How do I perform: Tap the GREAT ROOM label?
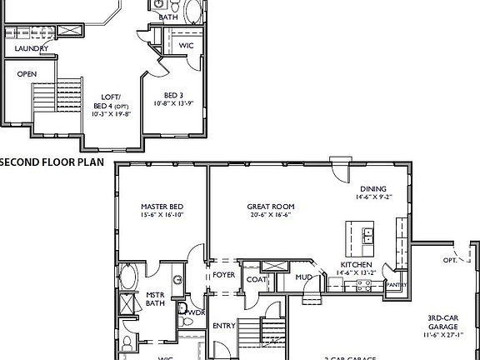(271, 207)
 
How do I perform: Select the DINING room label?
(373, 188)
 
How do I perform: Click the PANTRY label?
(397, 285)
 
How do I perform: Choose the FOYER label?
(223, 274)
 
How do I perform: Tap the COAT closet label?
(255, 279)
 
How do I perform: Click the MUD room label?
(304, 276)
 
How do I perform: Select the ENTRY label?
(223, 325)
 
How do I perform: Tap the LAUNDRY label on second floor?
(31, 48)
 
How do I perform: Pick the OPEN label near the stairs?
(27, 73)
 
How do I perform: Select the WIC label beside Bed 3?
(187, 45)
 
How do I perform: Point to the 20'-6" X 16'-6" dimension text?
(271, 215)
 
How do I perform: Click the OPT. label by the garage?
(451, 260)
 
